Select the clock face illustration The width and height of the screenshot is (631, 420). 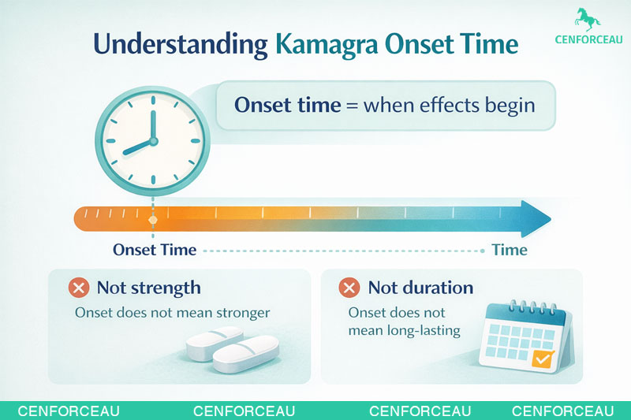point(153,141)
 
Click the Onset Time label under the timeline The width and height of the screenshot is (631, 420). point(155,251)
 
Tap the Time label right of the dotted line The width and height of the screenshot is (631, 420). point(509,251)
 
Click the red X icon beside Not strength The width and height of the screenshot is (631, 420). point(79,288)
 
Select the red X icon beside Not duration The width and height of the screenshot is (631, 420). point(349,288)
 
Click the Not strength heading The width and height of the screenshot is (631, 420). point(148,288)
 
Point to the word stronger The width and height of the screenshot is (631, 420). point(241,313)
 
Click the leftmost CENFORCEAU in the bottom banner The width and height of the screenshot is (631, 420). point(69,411)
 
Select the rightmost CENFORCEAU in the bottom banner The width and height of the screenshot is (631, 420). point(562,411)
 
